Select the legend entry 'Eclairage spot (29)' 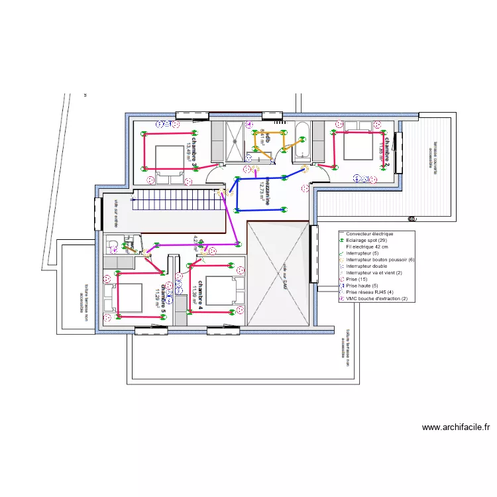[x=366, y=240]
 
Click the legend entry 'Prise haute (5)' [x=361, y=286]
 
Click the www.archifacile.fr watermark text [x=455, y=427]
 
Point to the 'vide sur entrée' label [x=115, y=212]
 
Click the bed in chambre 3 [x=169, y=159]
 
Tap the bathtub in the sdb [x=303, y=141]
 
